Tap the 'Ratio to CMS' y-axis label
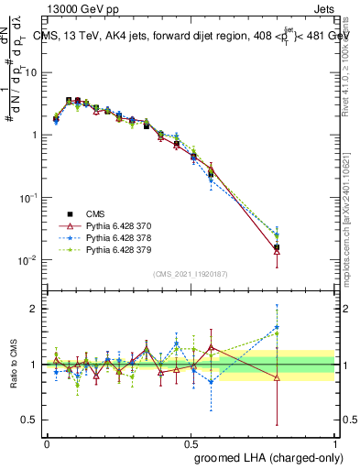(x=12, y=365)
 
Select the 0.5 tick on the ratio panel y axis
(x=29, y=420)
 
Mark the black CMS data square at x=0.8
(x=278, y=247)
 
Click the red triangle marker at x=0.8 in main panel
(x=278, y=251)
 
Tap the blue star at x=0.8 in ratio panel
(x=278, y=327)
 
